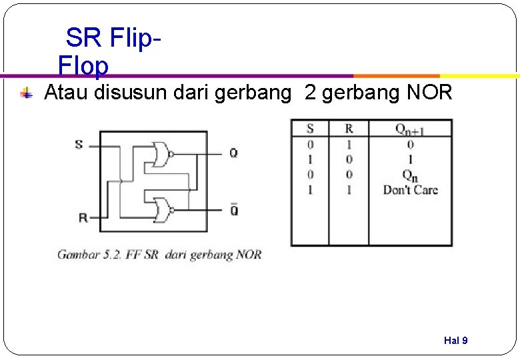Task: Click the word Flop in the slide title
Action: [x=83, y=66]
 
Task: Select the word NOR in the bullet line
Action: [x=429, y=93]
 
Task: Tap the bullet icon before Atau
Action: [x=26, y=93]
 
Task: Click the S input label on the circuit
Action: [x=79, y=144]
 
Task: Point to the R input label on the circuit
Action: [x=83, y=217]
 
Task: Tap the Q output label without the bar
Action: [x=233, y=153]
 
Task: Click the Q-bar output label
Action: [x=234, y=210]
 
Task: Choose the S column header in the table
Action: [x=310, y=129]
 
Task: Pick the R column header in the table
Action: [x=349, y=129]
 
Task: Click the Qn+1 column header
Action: [x=410, y=129]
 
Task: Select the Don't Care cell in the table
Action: [x=410, y=190]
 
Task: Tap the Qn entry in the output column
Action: [x=410, y=175]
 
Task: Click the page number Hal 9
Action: [x=455, y=341]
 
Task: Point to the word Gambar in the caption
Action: [x=79, y=255]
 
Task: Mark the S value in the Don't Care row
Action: [x=310, y=190]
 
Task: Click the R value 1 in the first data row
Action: [x=349, y=144]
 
